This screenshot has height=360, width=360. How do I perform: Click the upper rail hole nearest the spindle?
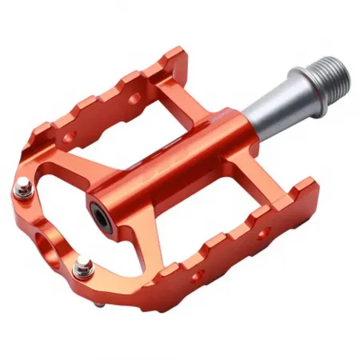coord(135,99)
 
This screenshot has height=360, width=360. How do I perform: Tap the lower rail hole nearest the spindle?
coord(262,234)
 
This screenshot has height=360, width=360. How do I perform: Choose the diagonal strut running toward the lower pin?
coord(128,240)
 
